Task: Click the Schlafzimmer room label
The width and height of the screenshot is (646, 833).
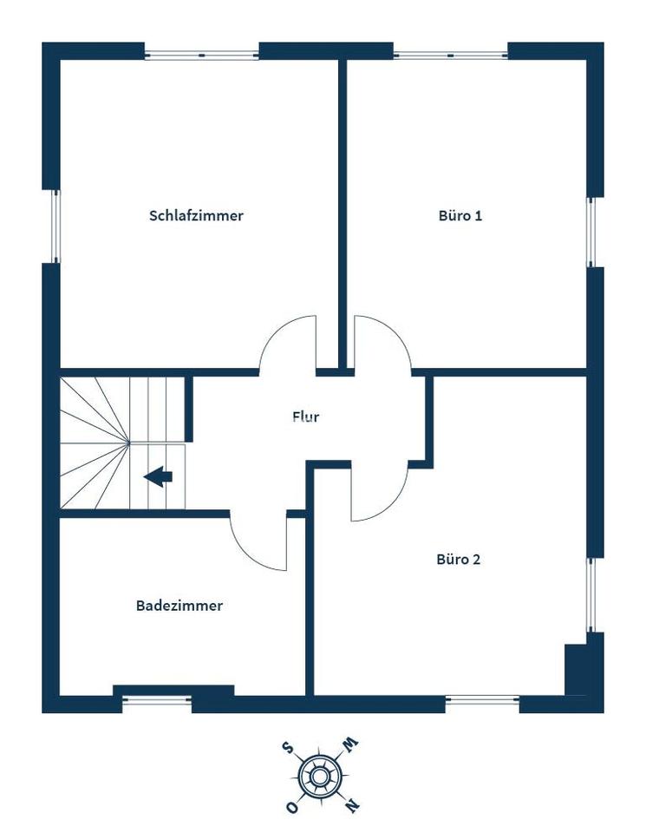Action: click(196, 216)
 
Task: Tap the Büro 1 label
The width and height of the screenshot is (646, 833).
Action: click(460, 216)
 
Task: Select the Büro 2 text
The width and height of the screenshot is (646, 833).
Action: click(458, 560)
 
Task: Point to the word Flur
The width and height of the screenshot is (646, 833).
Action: click(306, 416)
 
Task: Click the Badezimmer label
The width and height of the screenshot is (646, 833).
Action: click(179, 606)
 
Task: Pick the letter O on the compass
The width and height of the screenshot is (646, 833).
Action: click(291, 807)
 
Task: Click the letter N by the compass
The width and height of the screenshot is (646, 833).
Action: click(352, 805)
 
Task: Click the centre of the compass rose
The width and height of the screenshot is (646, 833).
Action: click(318, 777)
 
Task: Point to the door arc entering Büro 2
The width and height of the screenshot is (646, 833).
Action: click(392, 505)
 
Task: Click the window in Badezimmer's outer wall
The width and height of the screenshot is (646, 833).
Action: click(157, 701)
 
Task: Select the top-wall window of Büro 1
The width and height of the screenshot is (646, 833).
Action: click(451, 55)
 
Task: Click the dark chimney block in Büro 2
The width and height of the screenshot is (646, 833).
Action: click(576, 669)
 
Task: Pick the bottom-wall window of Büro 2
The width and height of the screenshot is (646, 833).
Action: click(482, 701)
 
